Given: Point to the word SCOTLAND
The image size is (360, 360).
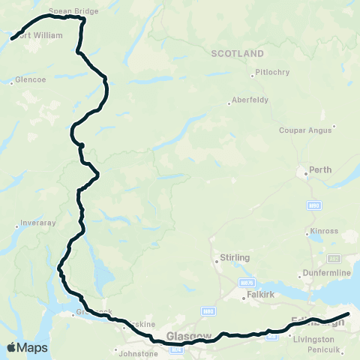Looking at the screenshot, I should pyautogui.click(x=238, y=54).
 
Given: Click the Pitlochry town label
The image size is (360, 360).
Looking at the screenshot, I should pyautogui.click(x=271, y=73).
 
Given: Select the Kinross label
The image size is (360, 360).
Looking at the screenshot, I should pyautogui.click(x=324, y=231).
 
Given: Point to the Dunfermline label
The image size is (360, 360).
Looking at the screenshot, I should pyautogui.click(x=325, y=272).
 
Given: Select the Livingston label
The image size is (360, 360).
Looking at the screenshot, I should pyautogui.click(x=315, y=339).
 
